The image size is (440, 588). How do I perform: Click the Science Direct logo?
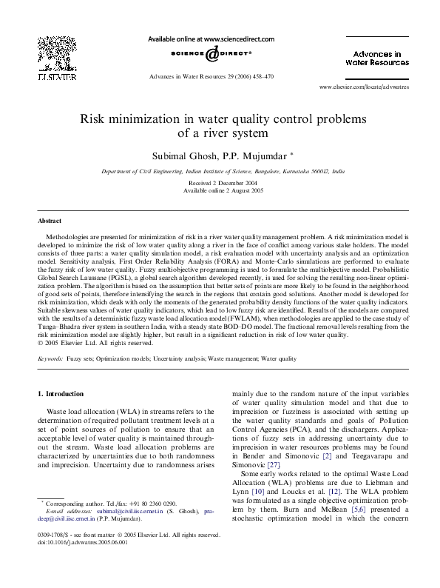pos(211,54)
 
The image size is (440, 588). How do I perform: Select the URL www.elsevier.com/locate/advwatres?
pos(363,87)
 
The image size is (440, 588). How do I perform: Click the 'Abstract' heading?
pos(50,221)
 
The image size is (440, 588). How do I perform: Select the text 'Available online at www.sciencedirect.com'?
pos(211,39)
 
